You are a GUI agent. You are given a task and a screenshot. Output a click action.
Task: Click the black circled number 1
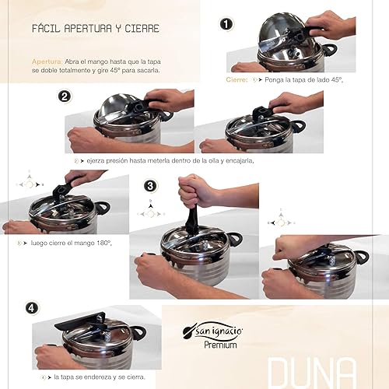(x=226, y=24)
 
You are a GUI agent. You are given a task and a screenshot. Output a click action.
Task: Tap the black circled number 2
(x=65, y=96)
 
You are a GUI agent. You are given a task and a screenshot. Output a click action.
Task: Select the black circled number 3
(x=150, y=186)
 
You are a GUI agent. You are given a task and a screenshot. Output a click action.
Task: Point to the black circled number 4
(x=32, y=308)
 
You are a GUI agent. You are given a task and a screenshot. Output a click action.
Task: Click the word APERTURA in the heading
(x=88, y=29)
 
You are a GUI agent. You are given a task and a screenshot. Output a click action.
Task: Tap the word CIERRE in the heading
(x=142, y=29)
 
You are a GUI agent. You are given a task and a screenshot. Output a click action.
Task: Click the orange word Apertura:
(x=47, y=61)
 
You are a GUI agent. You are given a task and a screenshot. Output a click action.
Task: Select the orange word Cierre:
(x=237, y=79)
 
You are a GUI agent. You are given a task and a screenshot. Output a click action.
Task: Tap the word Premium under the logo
(x=220, y=345)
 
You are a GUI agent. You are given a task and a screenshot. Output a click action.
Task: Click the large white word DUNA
(x=311, y=373)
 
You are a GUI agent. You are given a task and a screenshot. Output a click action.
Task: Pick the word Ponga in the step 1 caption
(x=274, y=80)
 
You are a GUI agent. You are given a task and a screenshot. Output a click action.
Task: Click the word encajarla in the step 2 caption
(x=240, y=161)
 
